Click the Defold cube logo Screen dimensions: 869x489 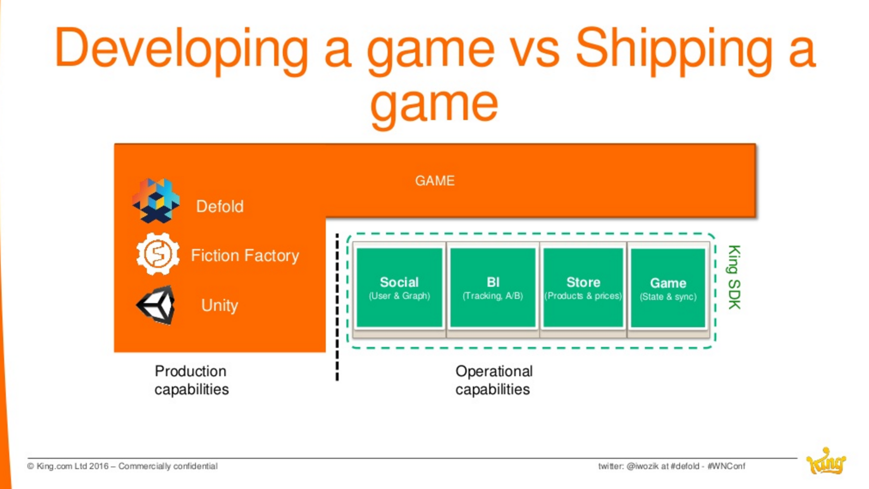coord(156,200)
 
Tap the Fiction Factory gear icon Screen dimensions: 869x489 coord(158,254)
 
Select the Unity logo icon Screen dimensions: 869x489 coord(156,305)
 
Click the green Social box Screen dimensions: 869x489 coord(399,288)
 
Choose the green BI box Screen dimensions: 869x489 coord(492,288)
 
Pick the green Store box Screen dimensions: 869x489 coord(583,288)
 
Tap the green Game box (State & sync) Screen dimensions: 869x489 coord(668,288)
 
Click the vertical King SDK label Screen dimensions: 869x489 coord(734,277)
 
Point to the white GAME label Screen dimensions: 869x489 coord(434,181)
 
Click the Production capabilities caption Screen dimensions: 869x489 coord(191,380)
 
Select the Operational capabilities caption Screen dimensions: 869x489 coord(494,380)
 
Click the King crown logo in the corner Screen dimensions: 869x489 coord(826,461)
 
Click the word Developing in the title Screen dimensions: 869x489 coord(181,49)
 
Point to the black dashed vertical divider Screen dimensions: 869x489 coord(337,307)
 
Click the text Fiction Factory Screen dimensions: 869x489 coord(245,256)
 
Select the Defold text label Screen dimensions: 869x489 coord(220,207)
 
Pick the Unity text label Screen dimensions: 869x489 coord(220,306)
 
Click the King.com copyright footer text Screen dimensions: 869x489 coord(122,466)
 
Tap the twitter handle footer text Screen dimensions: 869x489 coord(672,466)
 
